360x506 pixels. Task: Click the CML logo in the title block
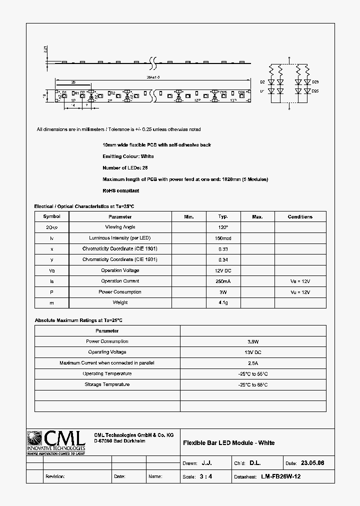coord(56,442)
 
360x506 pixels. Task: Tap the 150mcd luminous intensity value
coord(223,238)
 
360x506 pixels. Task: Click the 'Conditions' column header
coord(300,216)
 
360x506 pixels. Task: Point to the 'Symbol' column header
coord(51,216)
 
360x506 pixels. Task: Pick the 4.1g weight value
coord(223,302)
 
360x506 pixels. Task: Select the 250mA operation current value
coord(223,281)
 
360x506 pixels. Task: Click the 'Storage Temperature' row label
coord(107,384)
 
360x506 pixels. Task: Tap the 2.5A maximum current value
coord(252,363)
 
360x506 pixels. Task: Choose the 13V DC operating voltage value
coord(252,352)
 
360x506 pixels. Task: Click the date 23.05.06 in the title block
coord(312,463)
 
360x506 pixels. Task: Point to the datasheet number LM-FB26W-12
coord(280,476)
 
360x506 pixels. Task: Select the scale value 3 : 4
coord(206,476)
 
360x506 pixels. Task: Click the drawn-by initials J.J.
coord(206,463)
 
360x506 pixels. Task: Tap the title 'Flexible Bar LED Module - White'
coord(228,442)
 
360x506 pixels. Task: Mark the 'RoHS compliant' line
coord(120,190)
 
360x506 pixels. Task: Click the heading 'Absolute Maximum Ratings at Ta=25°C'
coord(78,320)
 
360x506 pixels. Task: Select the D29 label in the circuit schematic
coord(315,81)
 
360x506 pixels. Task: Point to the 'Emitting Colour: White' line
coord(128,156)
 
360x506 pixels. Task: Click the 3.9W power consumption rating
coord(252,341)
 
